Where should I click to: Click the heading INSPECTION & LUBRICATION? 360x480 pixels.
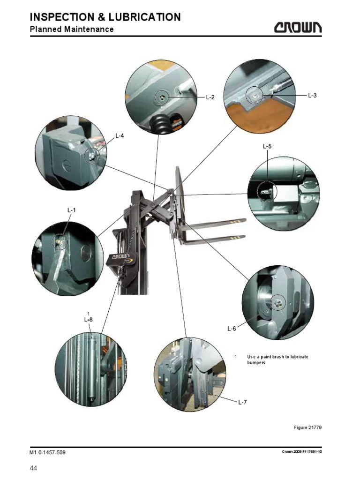(105, 17)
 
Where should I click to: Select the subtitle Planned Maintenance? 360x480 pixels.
(72, 30)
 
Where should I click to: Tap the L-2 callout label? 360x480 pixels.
(210, 97)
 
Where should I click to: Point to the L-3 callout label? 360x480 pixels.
(312, 95)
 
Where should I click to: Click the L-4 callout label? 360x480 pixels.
(120, 136)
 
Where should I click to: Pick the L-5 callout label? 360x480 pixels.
(267, 147)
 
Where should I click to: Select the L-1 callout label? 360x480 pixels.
(71, 210)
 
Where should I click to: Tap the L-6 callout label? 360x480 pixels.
(232, 329)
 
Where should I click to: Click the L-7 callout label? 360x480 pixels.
(242, 402)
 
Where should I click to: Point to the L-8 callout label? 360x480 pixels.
(89, 320)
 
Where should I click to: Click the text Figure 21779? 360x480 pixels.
(307, 427)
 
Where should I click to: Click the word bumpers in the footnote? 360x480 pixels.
(256, 363)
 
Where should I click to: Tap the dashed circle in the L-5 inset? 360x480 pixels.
(267, 192)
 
